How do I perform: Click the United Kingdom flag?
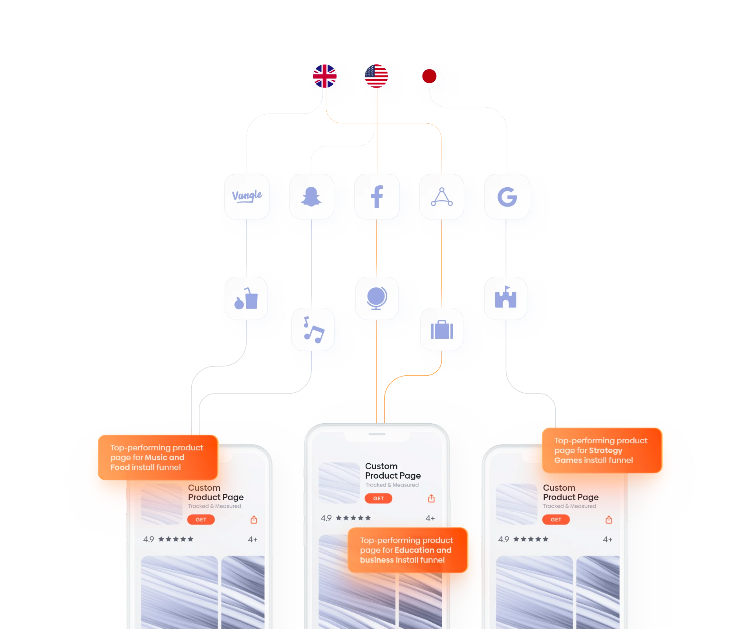pos(325,76)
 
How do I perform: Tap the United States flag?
pos(376,76)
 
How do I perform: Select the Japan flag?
pos(429,76)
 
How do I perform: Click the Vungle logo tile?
pos(247,196)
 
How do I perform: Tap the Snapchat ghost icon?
pos(311,197)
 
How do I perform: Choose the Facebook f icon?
pos(377,197)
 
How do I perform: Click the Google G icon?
pos(507,197)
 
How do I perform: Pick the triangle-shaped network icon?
pos(442,197)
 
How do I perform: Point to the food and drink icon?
pos(246,299)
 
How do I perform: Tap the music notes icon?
pos(314,330)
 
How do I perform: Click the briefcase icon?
pos(442,330)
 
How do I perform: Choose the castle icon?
pos(506,297)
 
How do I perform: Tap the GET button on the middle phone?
pos(379,498)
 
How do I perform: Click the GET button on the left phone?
pos(201,519)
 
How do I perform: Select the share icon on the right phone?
pos(609,519)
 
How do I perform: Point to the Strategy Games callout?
pos(602,450)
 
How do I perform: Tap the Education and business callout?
pos(408,550)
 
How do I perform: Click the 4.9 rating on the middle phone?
pos(326,518)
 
